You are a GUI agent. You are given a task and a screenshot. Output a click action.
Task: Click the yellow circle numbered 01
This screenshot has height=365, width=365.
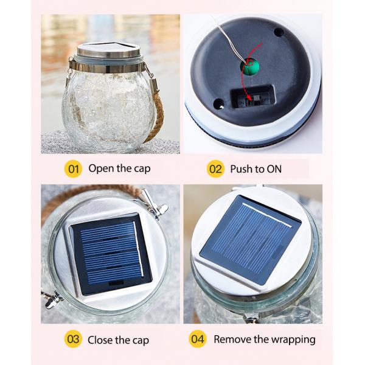(x=72, y=169)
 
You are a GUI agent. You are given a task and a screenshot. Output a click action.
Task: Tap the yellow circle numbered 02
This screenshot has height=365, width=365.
(x=216, y=169)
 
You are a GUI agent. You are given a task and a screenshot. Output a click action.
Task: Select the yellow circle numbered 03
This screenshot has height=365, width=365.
(x=72, y=339)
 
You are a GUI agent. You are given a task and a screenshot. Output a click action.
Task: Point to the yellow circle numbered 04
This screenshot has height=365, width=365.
(x=198, y=339)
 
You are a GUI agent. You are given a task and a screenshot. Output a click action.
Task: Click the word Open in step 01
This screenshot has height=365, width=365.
(x=101, y=169)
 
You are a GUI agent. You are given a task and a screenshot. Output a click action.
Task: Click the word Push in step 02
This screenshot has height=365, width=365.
(x=242, y=169)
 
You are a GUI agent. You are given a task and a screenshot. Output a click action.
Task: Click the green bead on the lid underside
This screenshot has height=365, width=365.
(x=248, y=66)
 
